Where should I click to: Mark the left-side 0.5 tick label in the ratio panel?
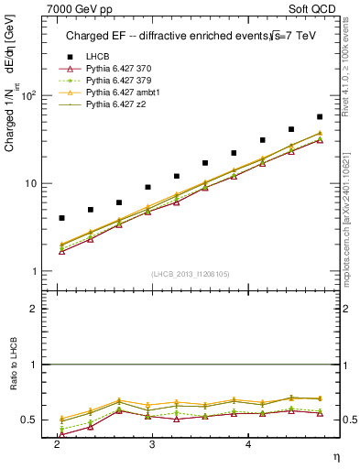point(33,420)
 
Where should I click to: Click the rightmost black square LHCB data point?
point(320,117)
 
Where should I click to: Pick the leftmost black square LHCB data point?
point(61,218)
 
